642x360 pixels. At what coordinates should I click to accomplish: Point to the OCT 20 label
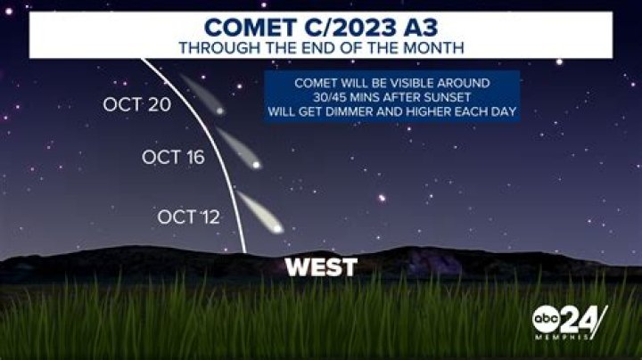coord(135,105)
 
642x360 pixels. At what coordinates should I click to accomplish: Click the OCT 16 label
coord(173,158)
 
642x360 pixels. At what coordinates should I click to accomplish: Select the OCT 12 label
coord(188,217)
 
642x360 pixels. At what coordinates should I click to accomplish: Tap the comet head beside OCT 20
coord(219,111)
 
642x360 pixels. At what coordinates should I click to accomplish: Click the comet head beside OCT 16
coord(257,164)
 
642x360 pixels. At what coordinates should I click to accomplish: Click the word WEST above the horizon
coord(320,266)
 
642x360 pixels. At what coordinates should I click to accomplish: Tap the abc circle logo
coord(547,320)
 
